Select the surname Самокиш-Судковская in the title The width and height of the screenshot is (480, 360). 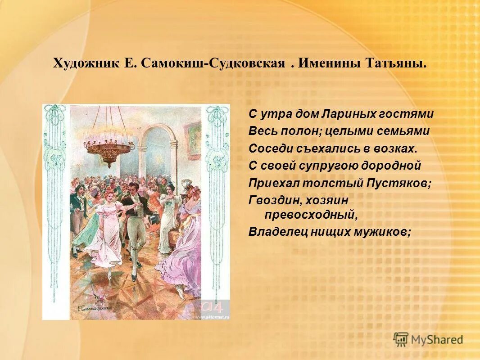click(x=213, y=63)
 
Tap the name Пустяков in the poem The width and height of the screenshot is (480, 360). click(x=405, y=183)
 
